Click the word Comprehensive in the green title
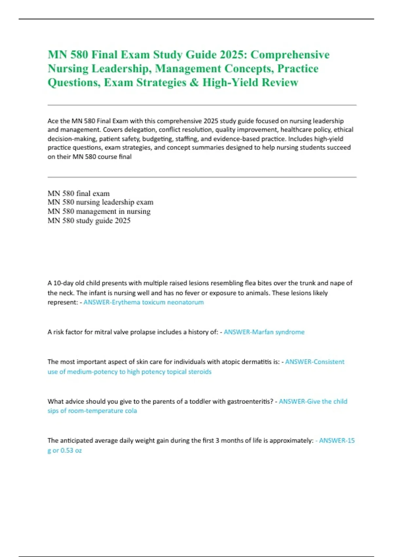(290, 54)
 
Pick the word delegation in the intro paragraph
(142, 130)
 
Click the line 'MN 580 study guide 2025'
(89, 221)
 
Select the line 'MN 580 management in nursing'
(99, 211)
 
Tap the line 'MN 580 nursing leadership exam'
(100, 202)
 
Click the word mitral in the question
(103, 332)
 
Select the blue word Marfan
(263, 332)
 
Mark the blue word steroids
(200, 372)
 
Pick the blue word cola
(131, 411)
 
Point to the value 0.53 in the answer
(67, 451)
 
